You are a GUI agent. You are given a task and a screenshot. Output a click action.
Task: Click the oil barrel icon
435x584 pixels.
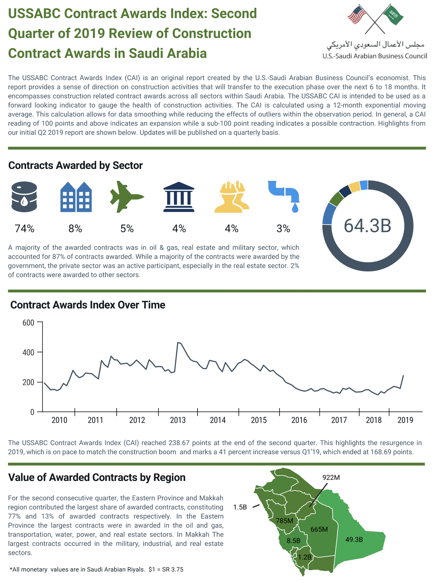pos(24,196)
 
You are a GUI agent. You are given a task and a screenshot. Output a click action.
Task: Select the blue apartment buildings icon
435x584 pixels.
pos(76,197)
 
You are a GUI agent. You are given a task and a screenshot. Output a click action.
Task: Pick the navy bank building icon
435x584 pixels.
pos(179,197)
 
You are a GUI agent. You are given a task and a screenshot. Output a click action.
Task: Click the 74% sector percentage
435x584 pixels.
pos(25,229)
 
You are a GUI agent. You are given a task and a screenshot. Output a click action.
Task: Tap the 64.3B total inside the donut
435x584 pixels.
pos(367,226)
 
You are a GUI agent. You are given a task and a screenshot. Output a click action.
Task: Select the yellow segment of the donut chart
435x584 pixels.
pos(354,187)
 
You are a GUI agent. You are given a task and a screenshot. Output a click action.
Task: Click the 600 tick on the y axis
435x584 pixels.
pos(28,323)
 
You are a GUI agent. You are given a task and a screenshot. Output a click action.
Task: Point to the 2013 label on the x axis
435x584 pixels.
pos(178,420)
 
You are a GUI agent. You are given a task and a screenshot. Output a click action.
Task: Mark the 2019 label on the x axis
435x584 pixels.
pos(405,420)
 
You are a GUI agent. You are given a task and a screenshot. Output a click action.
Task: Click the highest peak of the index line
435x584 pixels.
pos(178,342)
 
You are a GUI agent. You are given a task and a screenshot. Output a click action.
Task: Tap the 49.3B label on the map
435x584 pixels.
pos(354,539)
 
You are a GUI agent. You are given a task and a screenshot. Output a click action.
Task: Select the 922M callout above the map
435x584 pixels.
pos(331,477)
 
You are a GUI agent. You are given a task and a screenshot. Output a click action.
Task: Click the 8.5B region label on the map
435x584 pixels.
pos(293,541)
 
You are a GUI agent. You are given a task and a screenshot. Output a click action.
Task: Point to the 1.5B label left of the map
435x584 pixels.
pos(240,507)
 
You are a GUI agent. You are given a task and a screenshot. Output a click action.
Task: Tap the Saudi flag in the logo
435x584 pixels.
pos(393,15)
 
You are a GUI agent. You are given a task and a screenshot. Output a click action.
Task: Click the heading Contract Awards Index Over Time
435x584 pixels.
pos(88,305)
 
